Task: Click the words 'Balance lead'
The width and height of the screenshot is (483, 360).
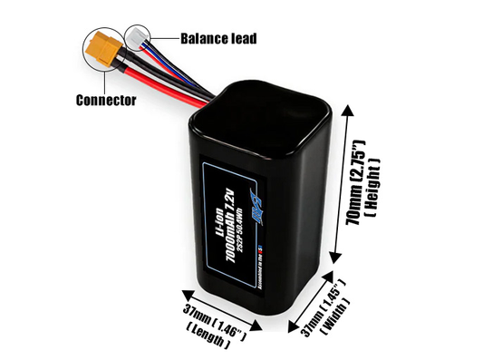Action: (217, 39)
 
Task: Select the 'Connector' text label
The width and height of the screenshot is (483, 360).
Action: (106, 100)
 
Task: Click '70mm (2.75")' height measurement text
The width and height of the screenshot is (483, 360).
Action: (356, 185)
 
